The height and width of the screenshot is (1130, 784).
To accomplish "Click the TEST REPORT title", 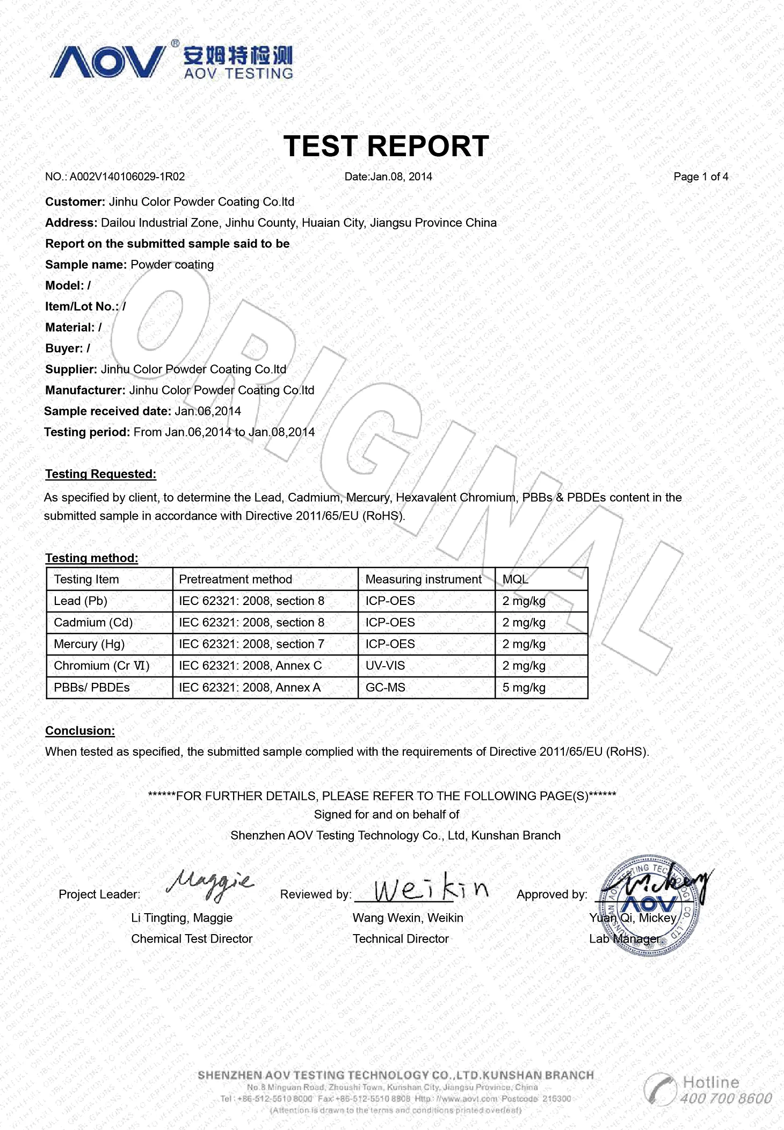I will click(x=386, y=146).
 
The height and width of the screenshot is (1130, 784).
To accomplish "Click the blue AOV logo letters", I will click(x=107, y=62).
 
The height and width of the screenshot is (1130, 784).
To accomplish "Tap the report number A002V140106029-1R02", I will click(x=127, y=177).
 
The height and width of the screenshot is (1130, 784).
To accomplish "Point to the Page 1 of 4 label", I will click(x=700, y=177).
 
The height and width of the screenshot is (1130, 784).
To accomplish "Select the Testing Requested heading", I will click(x=100, y=474).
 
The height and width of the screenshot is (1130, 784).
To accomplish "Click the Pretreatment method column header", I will click(x=235, y=579).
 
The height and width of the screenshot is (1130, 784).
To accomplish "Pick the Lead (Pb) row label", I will click(x=81, y=601).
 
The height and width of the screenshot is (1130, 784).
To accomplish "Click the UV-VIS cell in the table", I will click(x=385, y=666).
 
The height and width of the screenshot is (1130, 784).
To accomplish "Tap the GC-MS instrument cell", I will click(x=385, y=688).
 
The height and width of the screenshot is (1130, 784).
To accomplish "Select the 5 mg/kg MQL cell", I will click(x=524, y=688).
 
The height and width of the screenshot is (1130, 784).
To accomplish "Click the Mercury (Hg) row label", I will click(x=89, y=644).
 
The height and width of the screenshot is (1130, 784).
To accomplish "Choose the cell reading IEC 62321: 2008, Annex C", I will click(x=250, y=666).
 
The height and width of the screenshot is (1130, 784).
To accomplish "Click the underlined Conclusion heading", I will click(x=80, y=731).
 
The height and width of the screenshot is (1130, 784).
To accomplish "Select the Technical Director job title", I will click(x=401, y=939).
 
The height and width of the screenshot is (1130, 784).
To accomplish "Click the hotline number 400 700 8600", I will click(x=725, y=1098).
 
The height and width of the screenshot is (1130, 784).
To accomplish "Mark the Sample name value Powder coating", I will click(x=172, y=265).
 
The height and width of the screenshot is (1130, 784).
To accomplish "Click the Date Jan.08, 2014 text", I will click(x=388, y=177).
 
